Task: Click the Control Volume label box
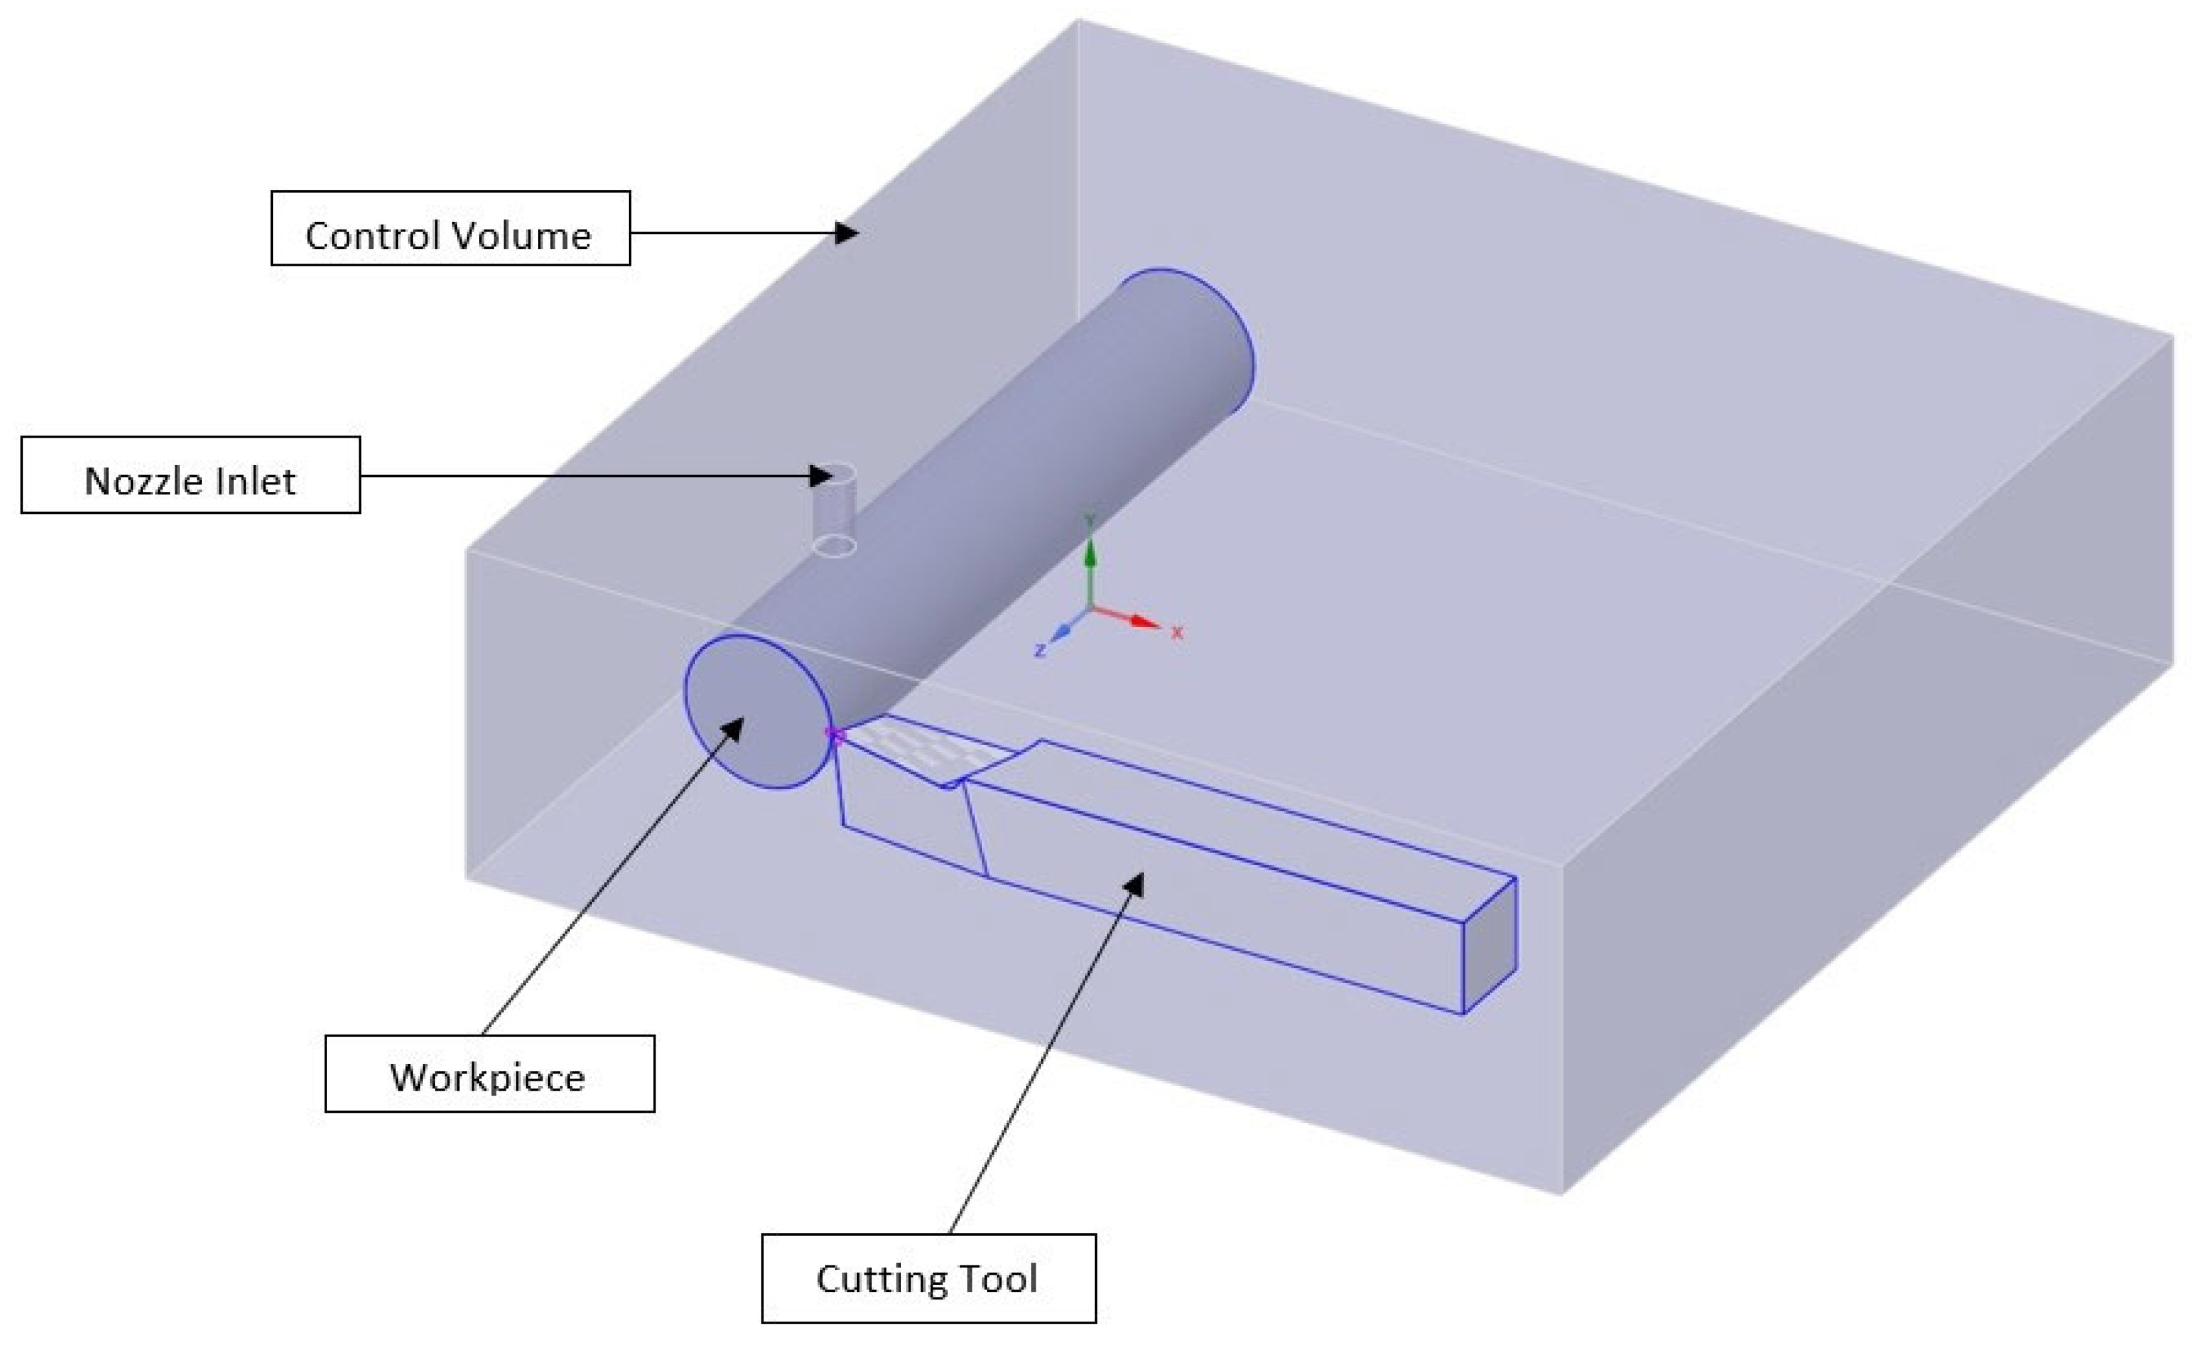pyautogui.click(x=450, y=228)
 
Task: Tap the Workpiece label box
pyautogui.click(x=489, y=1073)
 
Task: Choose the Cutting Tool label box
pyautogui.click(x=928, y=1277)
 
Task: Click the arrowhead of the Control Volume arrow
pyautogui.click(x=846, y=234)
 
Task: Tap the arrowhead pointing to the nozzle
pyautogui.click(x=822, y=476)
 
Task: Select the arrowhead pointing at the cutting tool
pyautogui.click(x=1134, y=885)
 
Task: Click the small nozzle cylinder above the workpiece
pyautogui.click(x=836, y=508)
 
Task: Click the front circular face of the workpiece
pyautogui.click(x=758, y=711)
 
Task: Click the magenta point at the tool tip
pyautogui.click(x=835, y=734)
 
